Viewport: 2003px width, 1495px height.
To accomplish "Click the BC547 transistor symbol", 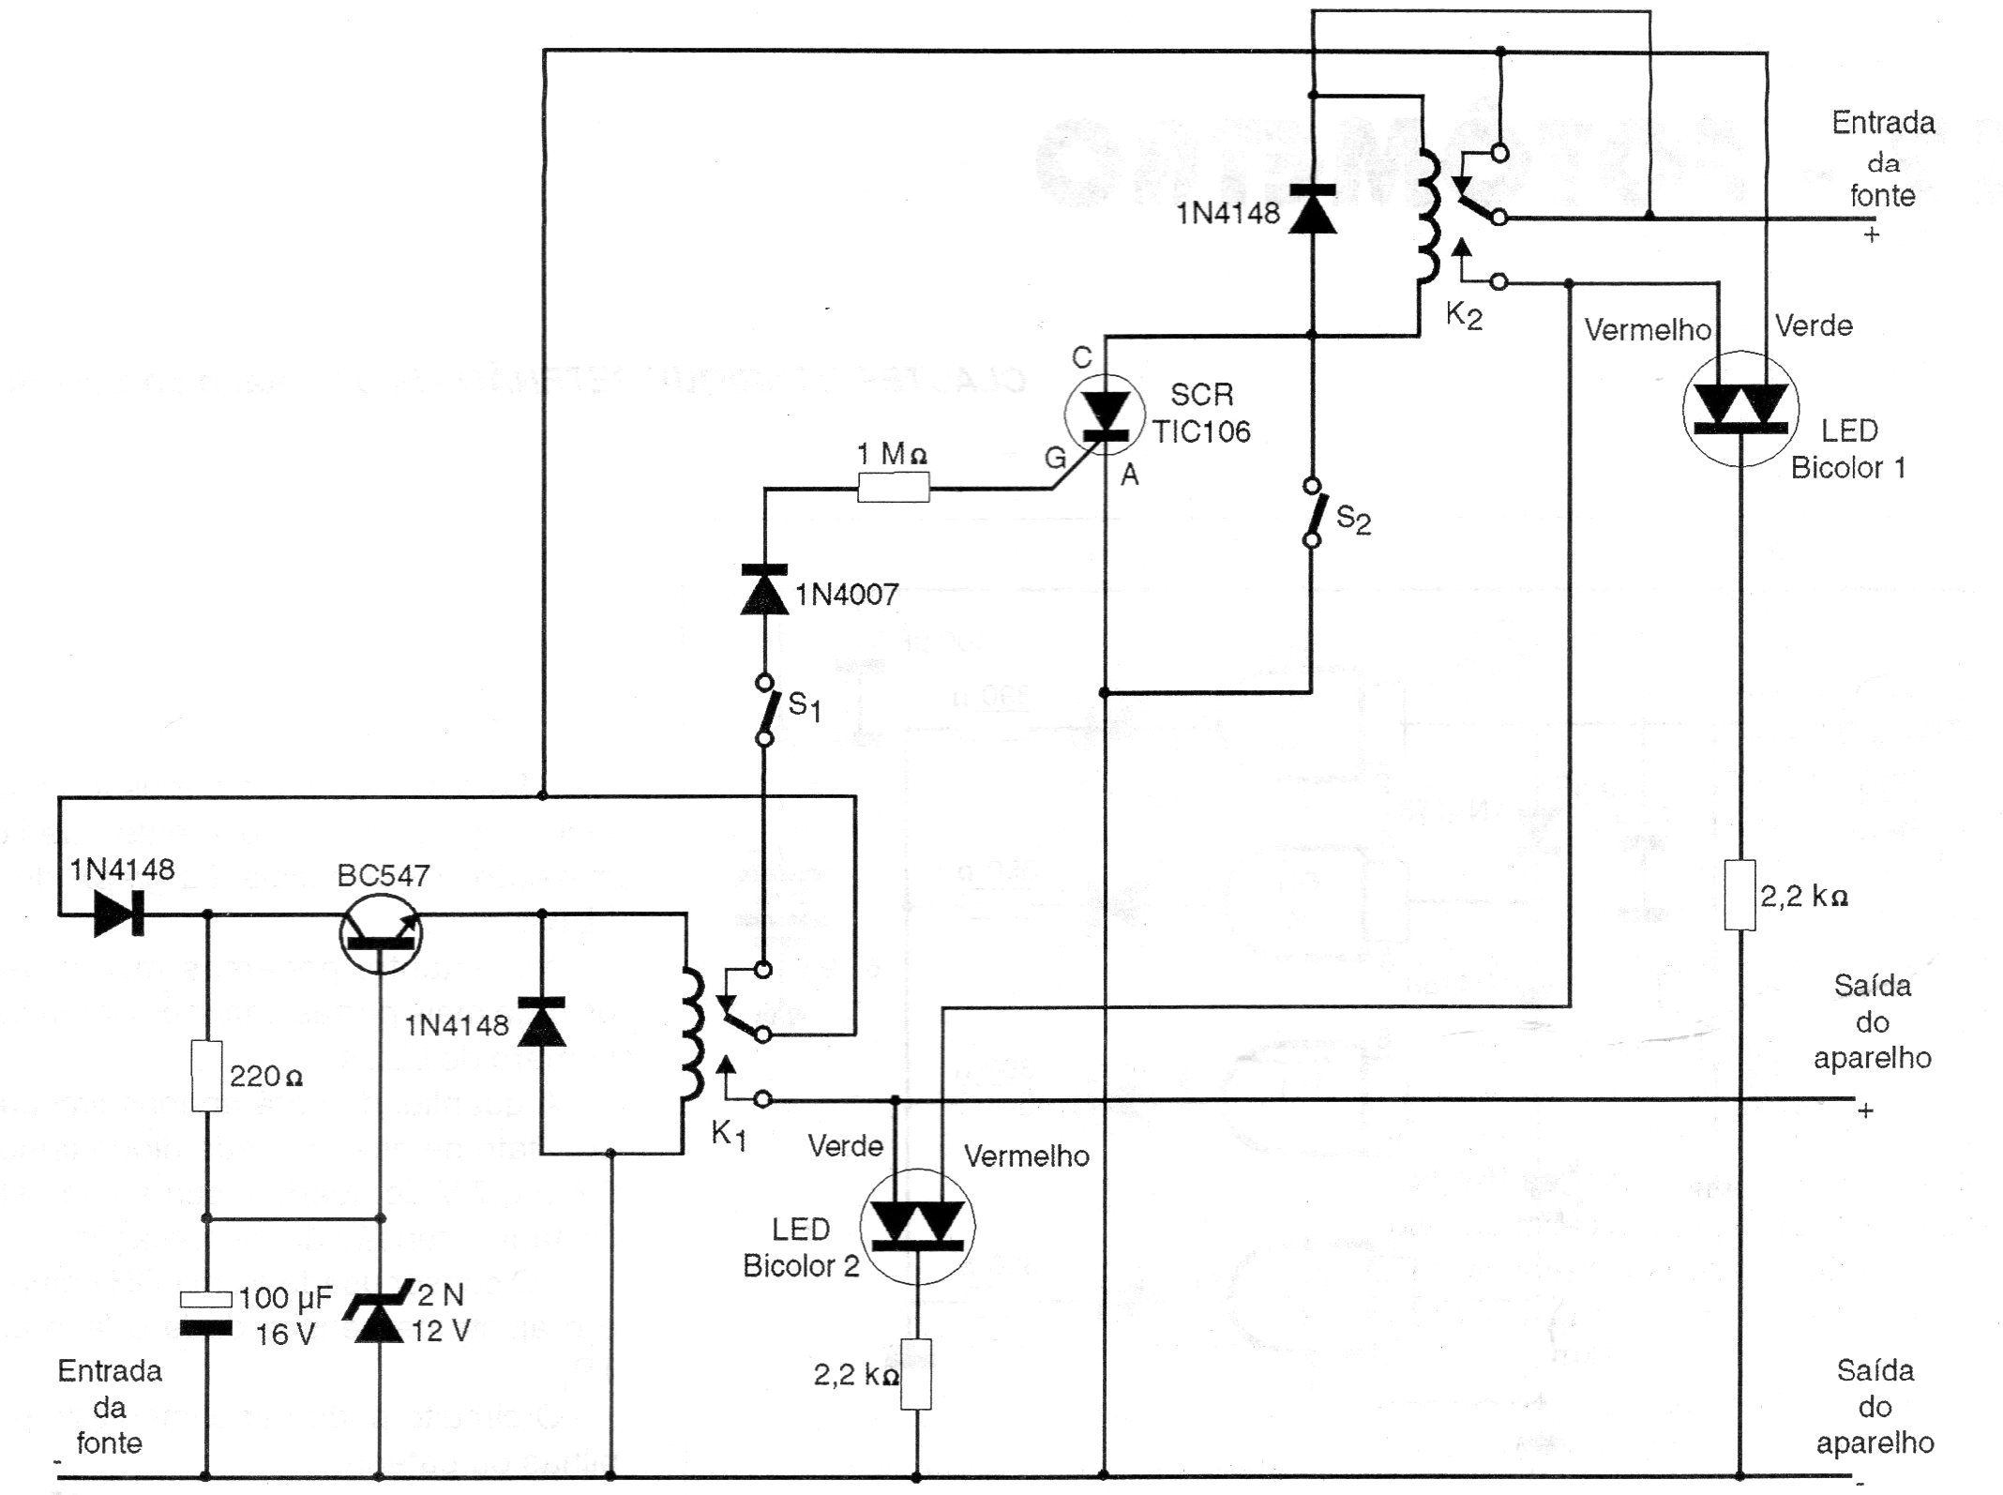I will tap(380, 932).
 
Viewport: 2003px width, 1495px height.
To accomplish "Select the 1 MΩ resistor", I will tap(893, 488).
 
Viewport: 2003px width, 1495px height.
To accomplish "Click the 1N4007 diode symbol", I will tap(764, 590).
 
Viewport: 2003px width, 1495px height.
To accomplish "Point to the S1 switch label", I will tap(804, 705).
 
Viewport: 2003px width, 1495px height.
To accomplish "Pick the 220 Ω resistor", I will tap(206, 1075).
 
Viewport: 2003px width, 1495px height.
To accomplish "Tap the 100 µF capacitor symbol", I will tap(205, 1313).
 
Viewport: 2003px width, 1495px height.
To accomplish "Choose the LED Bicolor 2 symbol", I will tap(917, 1226).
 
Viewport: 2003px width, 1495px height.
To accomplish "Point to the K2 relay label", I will tap(1463, 315).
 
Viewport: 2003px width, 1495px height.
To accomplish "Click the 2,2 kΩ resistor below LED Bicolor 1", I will tap(1740, 895).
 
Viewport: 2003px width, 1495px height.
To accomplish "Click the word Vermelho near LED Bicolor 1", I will tap(1648, 329).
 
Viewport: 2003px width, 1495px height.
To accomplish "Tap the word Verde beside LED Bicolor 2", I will tap(845, 1146).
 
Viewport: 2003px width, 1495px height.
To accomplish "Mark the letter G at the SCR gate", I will tap(1055, 458).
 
